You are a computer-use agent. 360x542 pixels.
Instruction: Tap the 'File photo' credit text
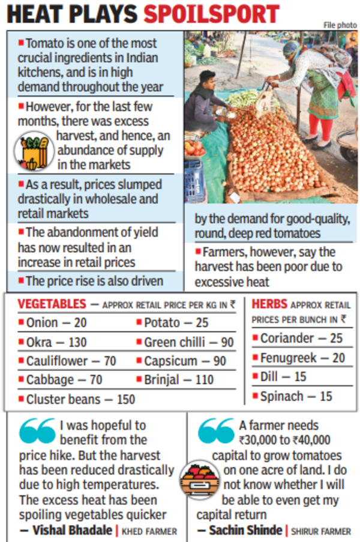tap(340, 25)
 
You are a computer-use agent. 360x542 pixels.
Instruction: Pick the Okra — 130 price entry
tap(56, 342)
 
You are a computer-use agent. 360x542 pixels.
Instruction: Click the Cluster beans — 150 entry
tap(80, 399)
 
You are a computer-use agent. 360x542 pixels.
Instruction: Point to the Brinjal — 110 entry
tap(179, 380)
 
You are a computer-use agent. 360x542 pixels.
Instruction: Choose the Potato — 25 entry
tap(176, 323)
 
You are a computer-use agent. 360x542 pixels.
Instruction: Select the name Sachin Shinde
tap(245, 530)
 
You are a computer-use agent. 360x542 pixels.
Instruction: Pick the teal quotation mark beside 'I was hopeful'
tap(37, 430)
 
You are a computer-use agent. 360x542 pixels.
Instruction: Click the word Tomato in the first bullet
tap(45, 44)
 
